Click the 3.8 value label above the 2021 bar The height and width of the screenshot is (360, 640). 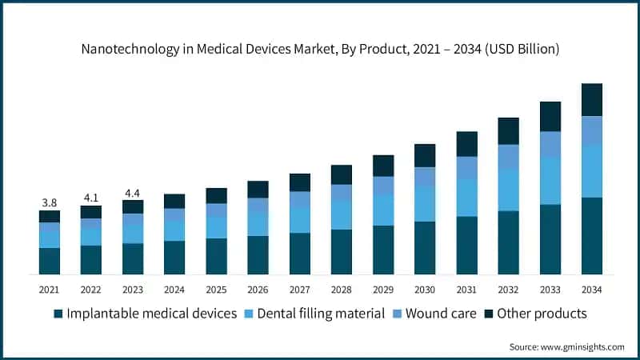point(49,202)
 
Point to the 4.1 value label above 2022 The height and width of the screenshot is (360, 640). point(90,198)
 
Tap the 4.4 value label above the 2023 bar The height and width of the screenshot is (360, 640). point(133,193)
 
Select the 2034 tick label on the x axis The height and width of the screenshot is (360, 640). point(591,289)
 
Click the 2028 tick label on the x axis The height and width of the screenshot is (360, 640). point(341,289)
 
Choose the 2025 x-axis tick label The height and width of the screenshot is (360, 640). point(216,289)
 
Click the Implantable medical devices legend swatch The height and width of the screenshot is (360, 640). point(58,314)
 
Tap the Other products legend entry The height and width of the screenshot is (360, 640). point(542,314)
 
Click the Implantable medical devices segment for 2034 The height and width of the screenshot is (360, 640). point(591,236)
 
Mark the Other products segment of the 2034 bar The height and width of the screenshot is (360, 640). point(591,100)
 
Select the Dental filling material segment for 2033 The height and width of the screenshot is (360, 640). point(550,181)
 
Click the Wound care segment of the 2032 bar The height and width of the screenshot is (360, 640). point(508,157)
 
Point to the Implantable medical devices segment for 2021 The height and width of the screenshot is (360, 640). point(49,262)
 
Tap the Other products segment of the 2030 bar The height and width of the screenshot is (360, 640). point(425,155)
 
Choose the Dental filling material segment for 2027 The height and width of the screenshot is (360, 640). point(299,220)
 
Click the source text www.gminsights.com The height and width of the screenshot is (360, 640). point(586,346)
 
